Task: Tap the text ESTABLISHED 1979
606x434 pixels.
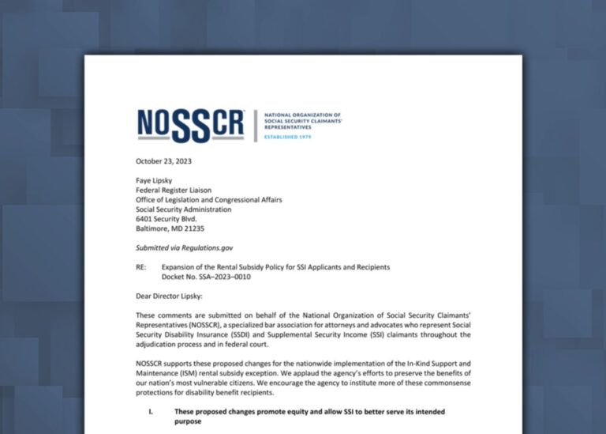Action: point(287,137)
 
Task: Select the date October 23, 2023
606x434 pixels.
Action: point(163,161)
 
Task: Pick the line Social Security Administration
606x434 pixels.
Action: point(184,209)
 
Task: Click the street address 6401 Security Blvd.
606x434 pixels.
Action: point(167,219)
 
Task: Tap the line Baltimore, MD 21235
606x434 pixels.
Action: point(170,229)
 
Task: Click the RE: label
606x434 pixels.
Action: point(141,267)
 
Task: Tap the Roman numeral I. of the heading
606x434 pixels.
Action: point(150,412)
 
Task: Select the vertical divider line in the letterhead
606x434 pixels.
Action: point(255,126)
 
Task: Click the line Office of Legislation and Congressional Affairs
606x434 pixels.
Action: point(209,199)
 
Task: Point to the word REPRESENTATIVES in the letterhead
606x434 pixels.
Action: point(287,126)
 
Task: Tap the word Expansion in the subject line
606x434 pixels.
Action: point(180,267)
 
